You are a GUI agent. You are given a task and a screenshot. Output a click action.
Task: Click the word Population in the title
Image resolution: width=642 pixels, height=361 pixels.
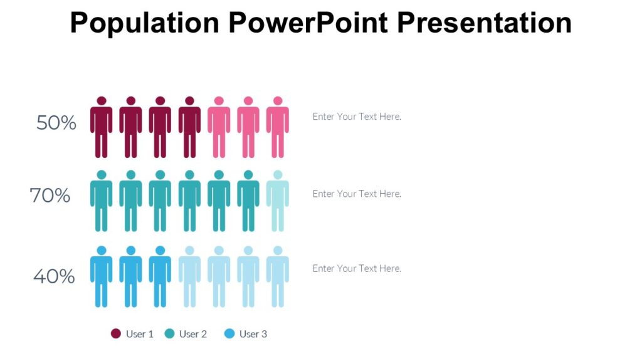(x=144, y=23)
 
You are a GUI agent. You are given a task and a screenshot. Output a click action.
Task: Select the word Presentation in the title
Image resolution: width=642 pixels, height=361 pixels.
(x=485, y=23)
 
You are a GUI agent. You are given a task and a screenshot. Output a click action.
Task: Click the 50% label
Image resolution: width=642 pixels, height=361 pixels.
(x=56, y=123)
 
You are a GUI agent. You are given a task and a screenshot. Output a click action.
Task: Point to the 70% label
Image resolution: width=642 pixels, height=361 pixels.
(x=50, y=196)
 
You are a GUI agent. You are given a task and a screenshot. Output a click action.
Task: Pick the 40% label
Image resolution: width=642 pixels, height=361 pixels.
(x=54, y=276)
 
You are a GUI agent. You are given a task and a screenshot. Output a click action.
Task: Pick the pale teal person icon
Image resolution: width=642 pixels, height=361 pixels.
(x=277, y=201)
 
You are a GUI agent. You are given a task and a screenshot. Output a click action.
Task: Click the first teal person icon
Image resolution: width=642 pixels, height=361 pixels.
(x=101, y=201)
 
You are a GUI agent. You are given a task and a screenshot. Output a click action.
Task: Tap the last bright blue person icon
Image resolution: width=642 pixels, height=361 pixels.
(x=160, y=276)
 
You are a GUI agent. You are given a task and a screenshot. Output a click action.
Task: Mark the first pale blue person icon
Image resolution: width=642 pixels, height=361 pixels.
(x=189, y=276)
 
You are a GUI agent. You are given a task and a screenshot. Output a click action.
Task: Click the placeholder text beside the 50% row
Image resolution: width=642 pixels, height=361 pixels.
(x=357, y=117)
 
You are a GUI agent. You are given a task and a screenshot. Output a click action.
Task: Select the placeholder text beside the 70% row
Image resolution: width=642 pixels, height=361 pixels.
(x=357, y=194)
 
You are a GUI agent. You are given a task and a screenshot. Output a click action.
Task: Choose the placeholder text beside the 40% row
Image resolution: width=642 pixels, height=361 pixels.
(x=357, y=268)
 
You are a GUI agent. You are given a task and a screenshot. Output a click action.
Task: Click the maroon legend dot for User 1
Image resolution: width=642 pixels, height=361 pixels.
(x=116, y=334)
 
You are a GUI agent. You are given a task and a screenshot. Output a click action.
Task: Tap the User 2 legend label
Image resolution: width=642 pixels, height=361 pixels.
(x=192, y=334)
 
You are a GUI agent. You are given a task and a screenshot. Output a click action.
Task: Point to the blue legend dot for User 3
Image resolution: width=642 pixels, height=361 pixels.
(x=229, y=334)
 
